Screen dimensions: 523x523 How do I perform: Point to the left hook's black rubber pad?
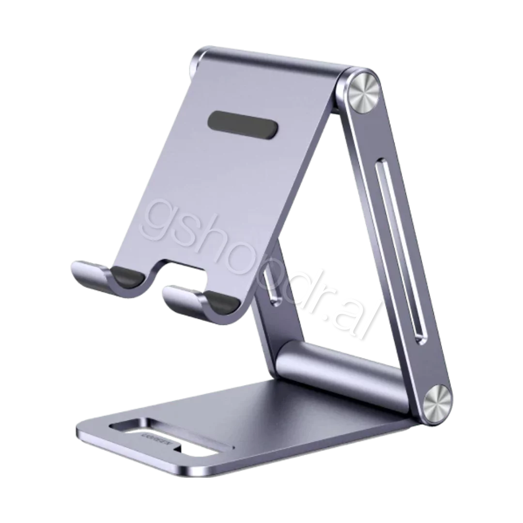pyautogui.click(x=128, y=278)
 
